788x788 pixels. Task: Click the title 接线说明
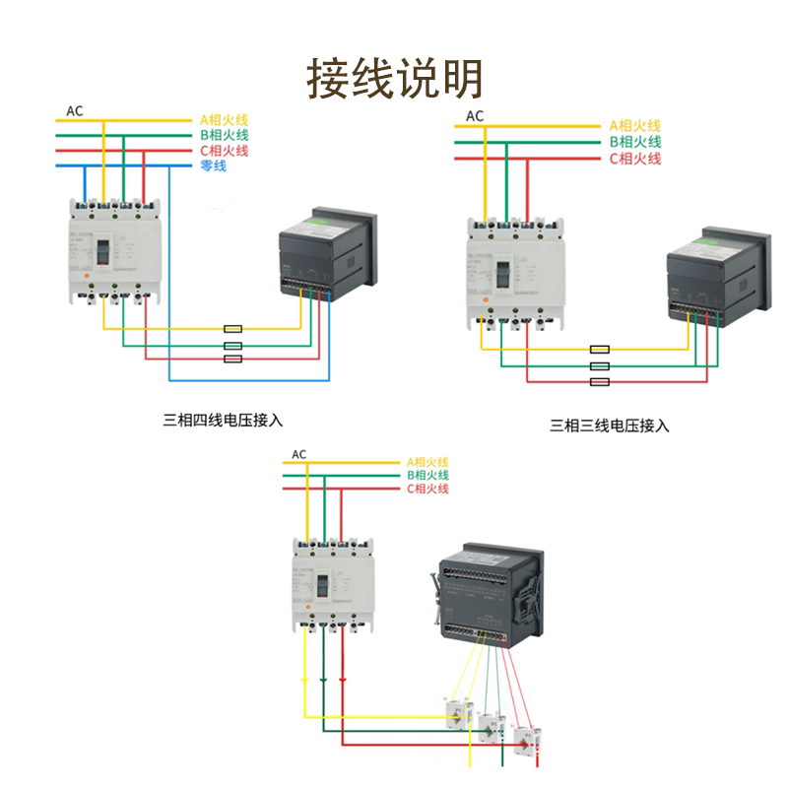(x=395, y=77)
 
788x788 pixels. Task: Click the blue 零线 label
(x=213, y=165)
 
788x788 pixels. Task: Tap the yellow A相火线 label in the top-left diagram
(x=224, y=117)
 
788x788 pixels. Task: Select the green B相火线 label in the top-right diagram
(x=633, y=142)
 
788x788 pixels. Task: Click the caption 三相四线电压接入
(x=223, y=419)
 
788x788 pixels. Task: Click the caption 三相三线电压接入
(x=610, y=426)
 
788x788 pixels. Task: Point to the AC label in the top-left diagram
(x=75, y=109)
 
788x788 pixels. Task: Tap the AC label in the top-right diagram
(x=475, y=116)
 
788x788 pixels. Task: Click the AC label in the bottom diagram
(x=299, y=454)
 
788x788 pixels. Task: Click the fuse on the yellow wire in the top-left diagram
(x=233, y=329)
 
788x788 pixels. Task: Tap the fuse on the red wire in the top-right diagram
(x=599, y=381)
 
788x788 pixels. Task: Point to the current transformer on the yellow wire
(x=457, y=711)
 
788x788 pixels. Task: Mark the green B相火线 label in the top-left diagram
(x=224, y=134)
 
